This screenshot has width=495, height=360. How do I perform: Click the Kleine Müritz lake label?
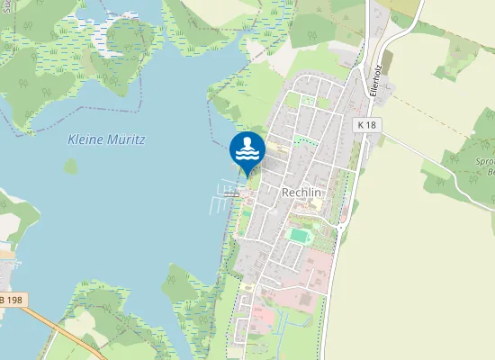(x=106, y=139)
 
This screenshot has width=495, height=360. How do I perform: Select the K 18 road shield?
(x=365, y=124)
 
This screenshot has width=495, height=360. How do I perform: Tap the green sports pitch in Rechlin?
(x=298, y=235)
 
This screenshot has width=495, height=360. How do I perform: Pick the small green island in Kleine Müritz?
(x=70, y=166)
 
